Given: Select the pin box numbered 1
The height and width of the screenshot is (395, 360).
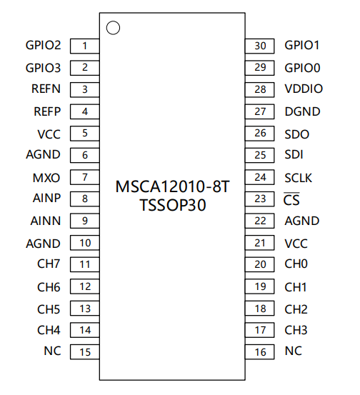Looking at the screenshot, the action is coord(85,46).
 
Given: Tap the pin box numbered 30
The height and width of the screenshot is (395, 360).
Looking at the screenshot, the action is coord(260,46).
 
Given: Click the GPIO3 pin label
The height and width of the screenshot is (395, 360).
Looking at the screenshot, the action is coord(43,68).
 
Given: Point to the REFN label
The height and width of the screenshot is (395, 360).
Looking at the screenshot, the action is coord(46,89).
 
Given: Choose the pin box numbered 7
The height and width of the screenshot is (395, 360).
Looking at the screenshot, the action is coord(85,177).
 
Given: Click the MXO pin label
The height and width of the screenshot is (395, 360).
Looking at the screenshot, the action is coord(46,178).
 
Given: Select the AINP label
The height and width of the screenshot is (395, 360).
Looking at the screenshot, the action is coord(46,198).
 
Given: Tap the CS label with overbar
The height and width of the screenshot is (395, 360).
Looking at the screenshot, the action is coord(291,199).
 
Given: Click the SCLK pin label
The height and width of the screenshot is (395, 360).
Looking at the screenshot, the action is coord(299,178).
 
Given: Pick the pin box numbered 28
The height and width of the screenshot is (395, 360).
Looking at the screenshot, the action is coord(260,90).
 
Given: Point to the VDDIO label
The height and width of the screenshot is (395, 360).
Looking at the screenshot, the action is coord(304,89).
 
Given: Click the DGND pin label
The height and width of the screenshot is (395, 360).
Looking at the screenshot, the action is coord(302,111).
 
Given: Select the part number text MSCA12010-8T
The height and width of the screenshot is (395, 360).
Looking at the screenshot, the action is coord(172,186).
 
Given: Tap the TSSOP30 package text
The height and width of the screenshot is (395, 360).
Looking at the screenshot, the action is coord(173,205).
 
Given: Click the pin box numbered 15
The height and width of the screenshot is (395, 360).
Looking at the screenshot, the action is coord(85,351).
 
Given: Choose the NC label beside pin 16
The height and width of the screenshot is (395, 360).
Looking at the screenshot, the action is coord(294,351).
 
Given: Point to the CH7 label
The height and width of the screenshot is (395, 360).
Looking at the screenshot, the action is coord(49,264).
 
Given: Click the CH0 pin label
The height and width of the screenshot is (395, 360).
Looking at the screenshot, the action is coord(296,264).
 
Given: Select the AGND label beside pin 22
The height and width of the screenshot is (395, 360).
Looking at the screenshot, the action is coord(302,221).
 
